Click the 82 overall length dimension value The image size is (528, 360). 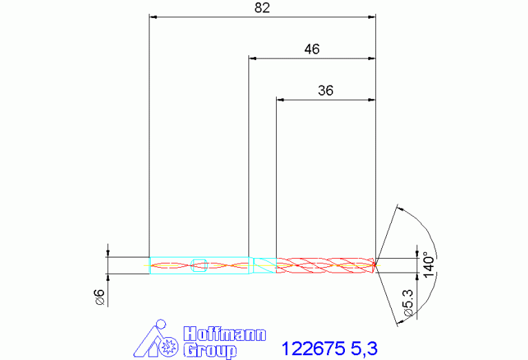point(262,8)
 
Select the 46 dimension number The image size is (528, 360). point(312,49)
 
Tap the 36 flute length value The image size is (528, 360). point(326,91)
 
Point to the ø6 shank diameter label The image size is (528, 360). point(101,297)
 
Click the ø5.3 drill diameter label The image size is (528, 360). point(408,302)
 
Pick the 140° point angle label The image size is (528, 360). point(429,265)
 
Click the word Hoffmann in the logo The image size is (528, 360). point(224,334)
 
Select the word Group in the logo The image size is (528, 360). point(210,351)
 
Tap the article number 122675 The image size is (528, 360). point(313,348)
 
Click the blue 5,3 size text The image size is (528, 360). point(364,349)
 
